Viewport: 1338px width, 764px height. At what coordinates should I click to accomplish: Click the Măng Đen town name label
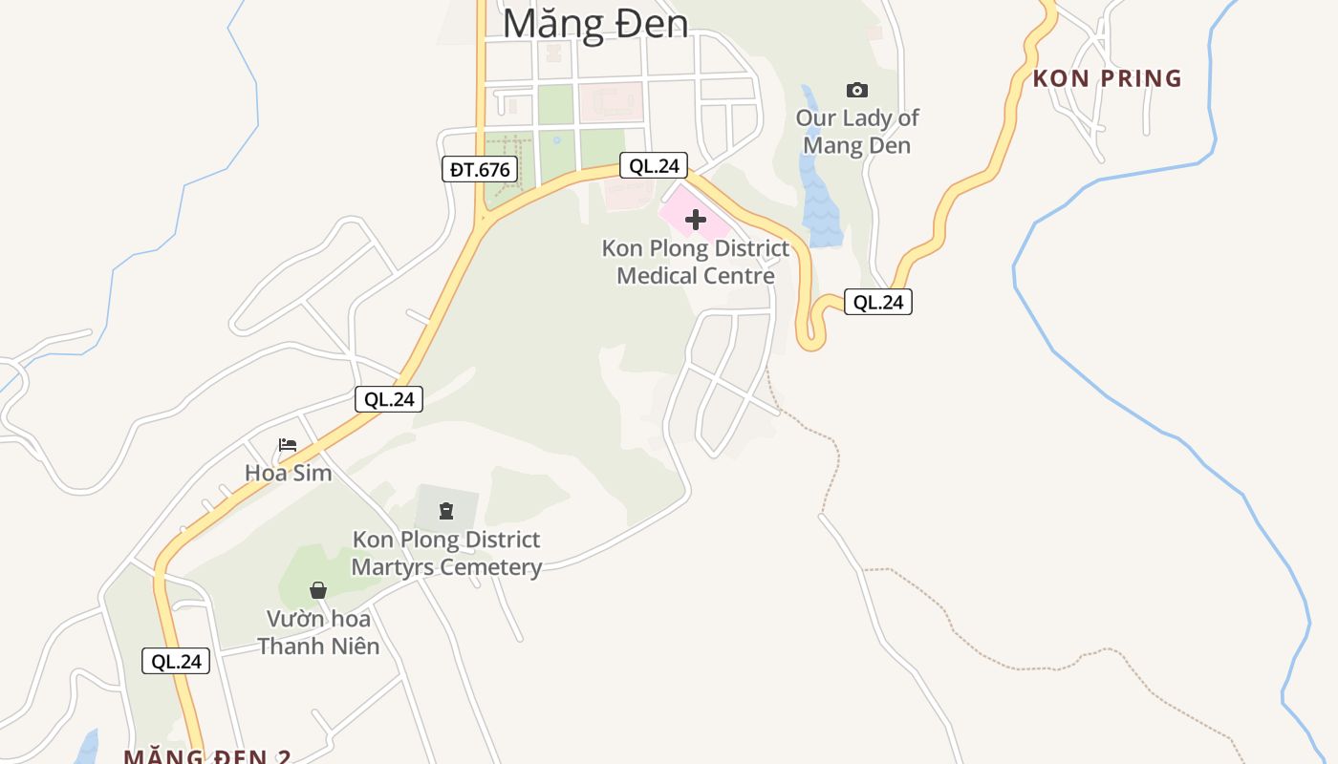(595, 23)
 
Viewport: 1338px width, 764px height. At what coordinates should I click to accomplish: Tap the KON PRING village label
(1108, 78)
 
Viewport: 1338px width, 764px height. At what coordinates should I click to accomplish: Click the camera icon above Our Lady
(857, 90)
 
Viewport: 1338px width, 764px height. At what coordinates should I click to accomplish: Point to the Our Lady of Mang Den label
(857, 132)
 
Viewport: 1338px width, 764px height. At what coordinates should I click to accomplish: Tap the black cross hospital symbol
(696, 220)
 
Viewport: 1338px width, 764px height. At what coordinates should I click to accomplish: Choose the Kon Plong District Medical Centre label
(696, 262)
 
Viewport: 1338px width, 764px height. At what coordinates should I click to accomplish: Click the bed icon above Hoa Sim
(288, 445)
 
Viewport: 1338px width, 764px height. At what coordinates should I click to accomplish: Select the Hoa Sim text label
(289, 473)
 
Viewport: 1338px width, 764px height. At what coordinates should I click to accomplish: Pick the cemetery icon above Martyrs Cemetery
(446, 511)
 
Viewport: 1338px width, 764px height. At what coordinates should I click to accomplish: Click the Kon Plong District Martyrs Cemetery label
(446, 553)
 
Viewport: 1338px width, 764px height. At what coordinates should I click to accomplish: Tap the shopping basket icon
(318, 590)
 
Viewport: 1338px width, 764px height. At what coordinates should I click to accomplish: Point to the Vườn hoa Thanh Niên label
(318, 632)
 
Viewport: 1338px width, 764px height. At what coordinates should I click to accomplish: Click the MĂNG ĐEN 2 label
(207, 756)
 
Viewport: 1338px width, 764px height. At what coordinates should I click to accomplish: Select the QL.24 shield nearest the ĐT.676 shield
(654, 165)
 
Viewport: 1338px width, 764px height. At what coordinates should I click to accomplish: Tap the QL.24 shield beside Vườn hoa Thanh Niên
(176, 661)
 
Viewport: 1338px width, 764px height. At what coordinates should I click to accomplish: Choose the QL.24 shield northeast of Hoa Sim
(389, 399)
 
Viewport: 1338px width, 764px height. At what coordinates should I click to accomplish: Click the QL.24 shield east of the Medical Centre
(878, 302)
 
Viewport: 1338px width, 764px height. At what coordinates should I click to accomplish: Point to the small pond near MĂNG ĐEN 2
(87, 748)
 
